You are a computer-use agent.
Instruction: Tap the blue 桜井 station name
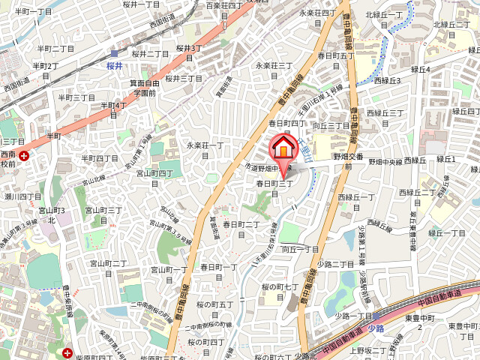point(114,65)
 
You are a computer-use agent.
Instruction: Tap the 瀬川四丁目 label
point(22,196)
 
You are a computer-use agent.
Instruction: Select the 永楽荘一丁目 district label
point(205,145)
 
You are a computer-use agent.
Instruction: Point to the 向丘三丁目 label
point(331,126)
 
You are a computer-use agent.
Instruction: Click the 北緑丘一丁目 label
point(385,19)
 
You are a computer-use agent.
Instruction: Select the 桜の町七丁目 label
point(281,288)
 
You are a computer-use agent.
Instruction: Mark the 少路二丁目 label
point(335,264)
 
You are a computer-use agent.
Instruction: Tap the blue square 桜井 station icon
point(114,53)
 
